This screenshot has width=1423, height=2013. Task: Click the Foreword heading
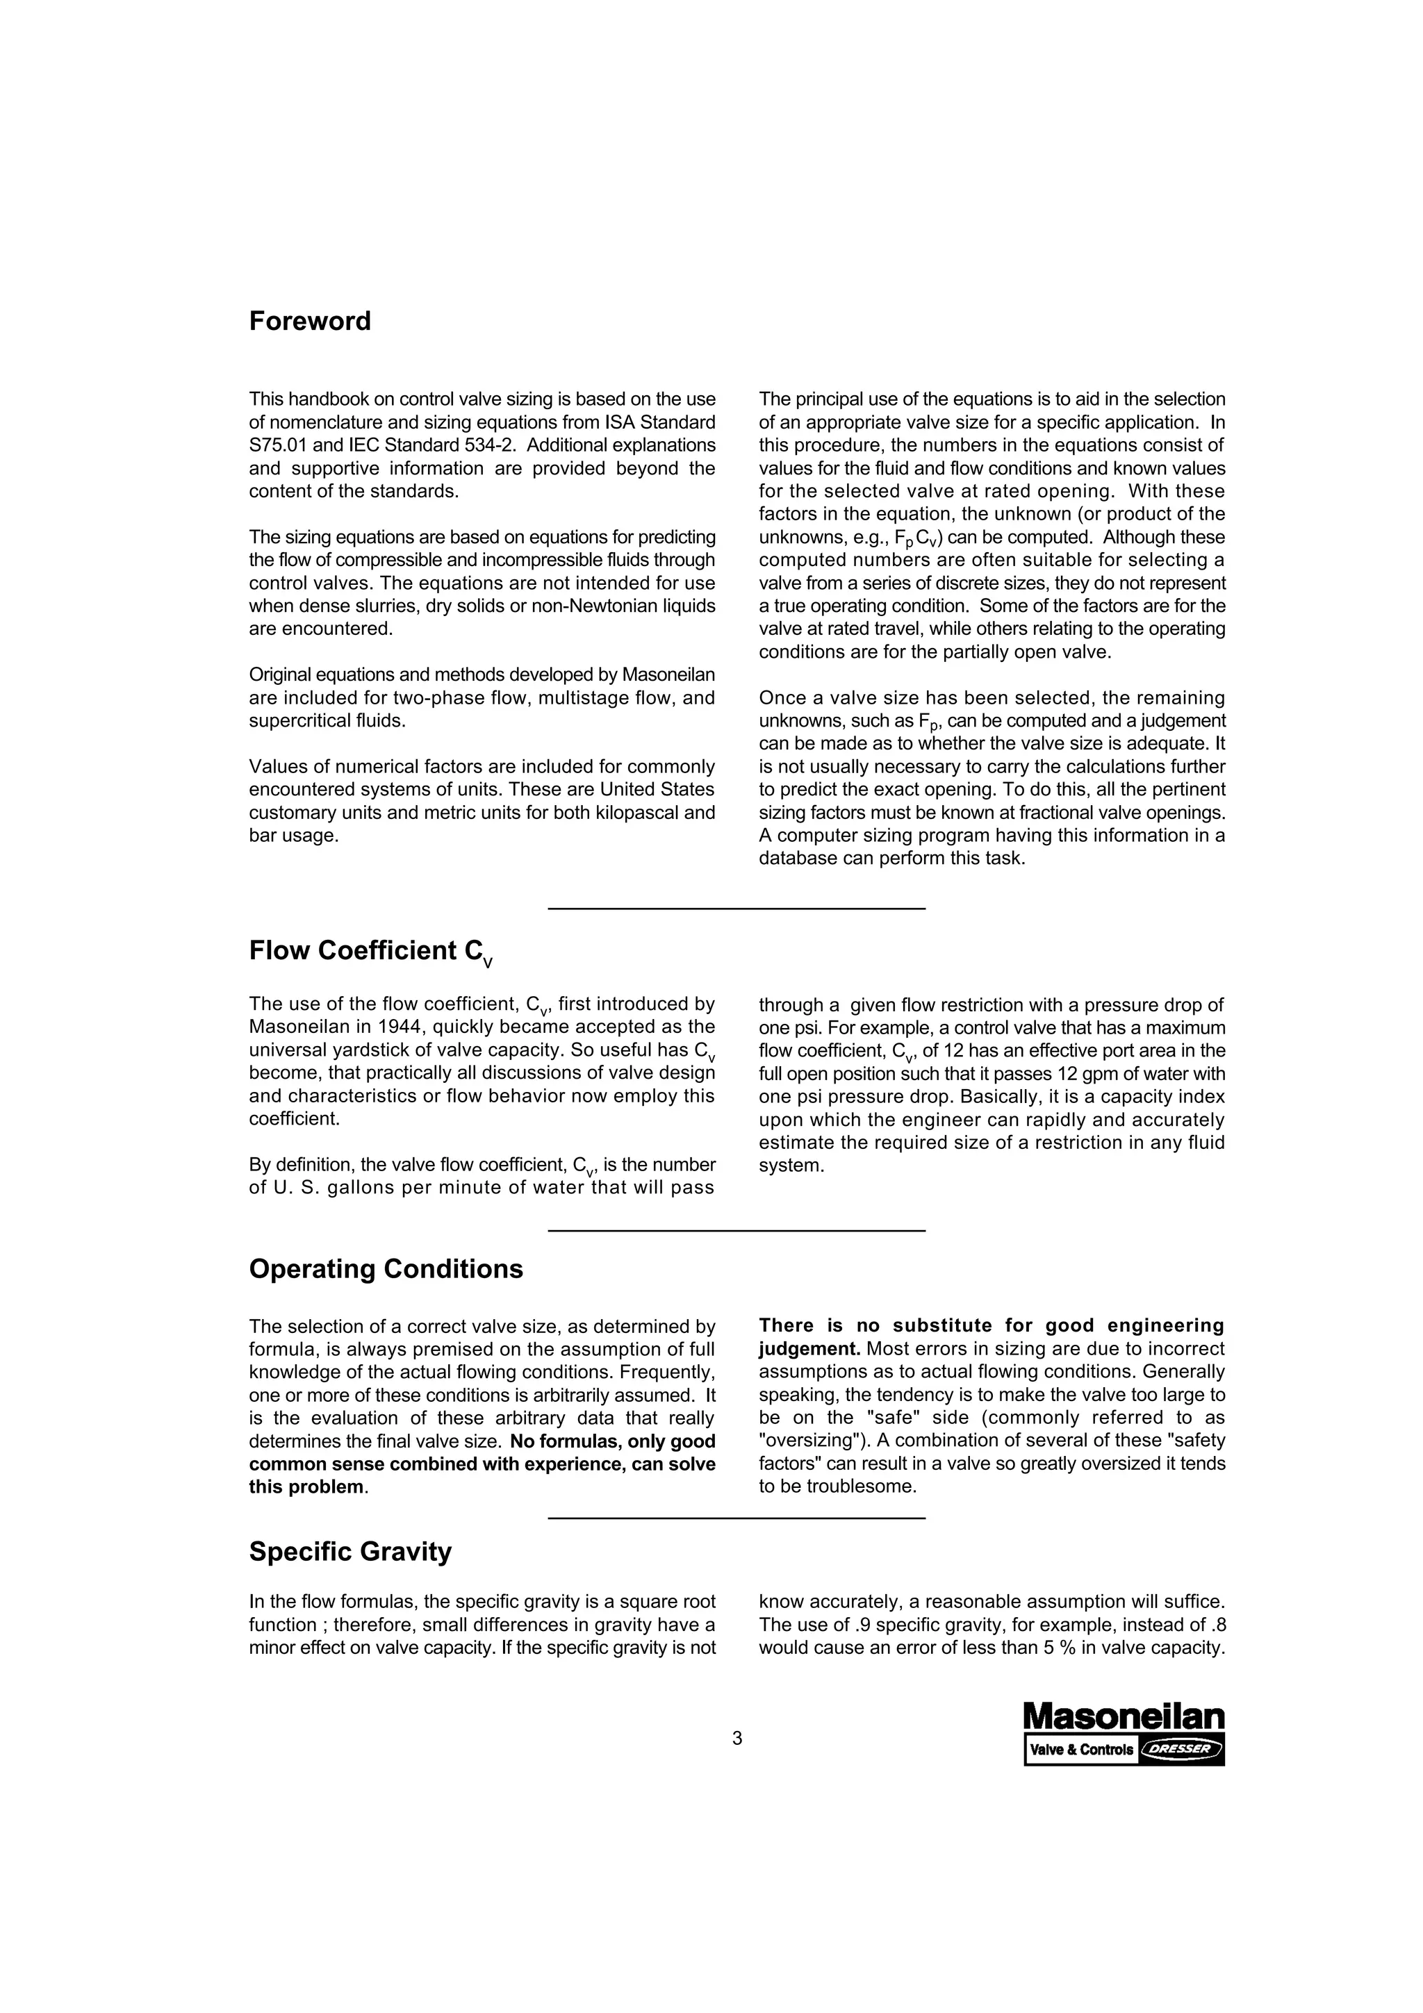coord(309,321)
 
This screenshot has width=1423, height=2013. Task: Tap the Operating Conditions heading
coord(386,1268)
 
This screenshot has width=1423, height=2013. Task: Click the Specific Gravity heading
coord(349,1551)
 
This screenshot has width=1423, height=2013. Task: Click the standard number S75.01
coord(278,445)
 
